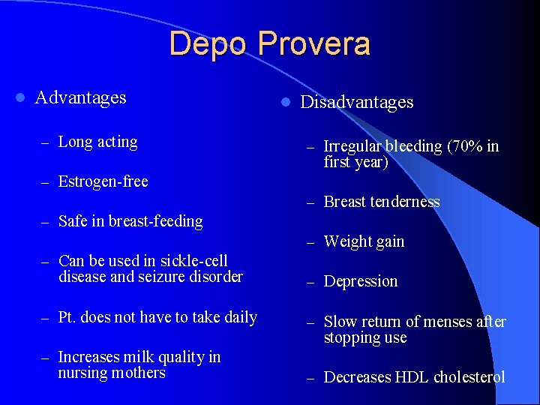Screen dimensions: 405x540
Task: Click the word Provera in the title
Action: click(x=314, y=44)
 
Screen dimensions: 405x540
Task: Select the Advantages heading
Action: click(x=81, y=97)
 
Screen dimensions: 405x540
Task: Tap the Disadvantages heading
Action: click(x=357, y=102)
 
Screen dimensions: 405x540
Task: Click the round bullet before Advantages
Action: click(x=20, y=98)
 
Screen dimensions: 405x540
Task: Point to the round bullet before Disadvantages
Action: click(x=285, y=102)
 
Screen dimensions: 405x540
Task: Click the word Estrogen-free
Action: click(x=103, y=181)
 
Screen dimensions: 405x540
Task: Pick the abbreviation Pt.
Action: click(x=67, y=317)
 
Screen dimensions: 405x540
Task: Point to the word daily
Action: click(x=240, y=317)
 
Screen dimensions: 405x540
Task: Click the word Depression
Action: click(x=361, y=282)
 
